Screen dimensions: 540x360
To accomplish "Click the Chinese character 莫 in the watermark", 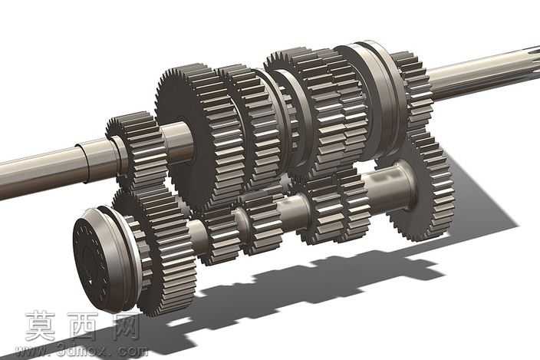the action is [x=41, y=326].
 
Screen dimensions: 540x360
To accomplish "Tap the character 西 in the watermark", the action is [x=82, y=326].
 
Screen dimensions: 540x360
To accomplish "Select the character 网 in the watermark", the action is [x=126, y=326].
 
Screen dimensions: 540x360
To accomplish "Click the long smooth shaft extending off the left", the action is [x=51, y=169].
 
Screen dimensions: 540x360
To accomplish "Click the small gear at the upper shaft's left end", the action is [x=138, y=151].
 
